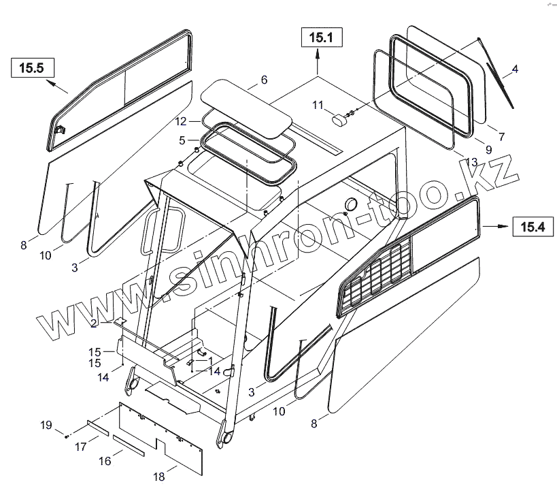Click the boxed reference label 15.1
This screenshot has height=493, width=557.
pos(318,39)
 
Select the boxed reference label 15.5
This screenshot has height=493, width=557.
pos(31,67)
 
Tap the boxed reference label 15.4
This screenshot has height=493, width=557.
pos(533,227)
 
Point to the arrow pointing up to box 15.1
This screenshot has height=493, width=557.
pos(318,64)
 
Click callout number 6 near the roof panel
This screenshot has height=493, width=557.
pos(264,80)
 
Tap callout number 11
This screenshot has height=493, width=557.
pos(318,104)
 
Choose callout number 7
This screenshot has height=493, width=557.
pos(501,136)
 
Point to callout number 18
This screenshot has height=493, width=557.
pos(159,477)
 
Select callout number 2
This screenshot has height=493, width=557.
pos(95,323)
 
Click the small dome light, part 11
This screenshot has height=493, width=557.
pos(339,119)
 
